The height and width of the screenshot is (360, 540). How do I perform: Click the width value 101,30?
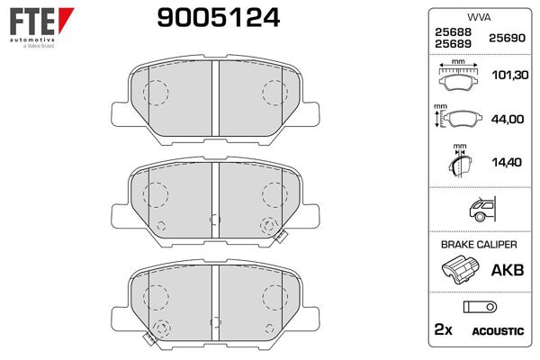pos(505,76)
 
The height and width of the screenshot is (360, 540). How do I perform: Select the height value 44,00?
pos(505,117)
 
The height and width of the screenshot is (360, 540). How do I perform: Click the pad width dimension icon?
pos(459,77)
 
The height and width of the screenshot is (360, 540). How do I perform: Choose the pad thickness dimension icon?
pos(459,161)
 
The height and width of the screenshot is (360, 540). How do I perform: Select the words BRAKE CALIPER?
pos(478,245)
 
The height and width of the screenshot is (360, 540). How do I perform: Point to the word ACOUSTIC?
pos(497,331)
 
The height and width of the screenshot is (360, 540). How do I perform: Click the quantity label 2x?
pos(443,331)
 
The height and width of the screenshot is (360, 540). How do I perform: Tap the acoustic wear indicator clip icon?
pos(477,307)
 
